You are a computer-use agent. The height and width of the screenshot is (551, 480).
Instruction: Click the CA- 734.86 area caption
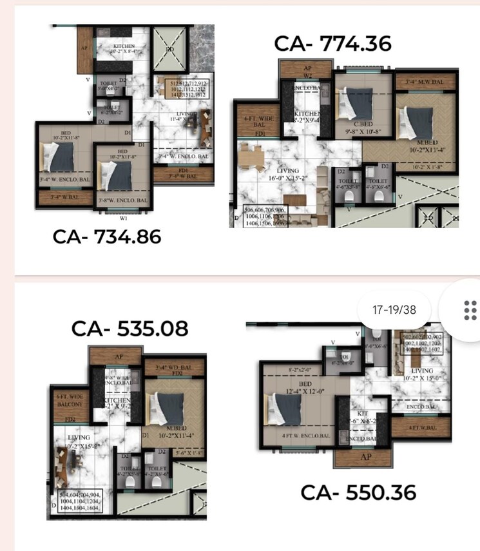pyautogui.click(x=107, y=238)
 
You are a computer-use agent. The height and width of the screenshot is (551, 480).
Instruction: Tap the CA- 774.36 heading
pyautogui.click(x=332, y=43)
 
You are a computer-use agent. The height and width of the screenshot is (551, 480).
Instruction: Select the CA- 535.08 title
pyautogui.click(x=130, y=329)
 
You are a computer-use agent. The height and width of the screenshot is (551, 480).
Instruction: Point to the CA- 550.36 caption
pyautogui.click(x=358, y=493)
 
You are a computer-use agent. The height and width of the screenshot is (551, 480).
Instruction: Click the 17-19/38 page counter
pyautogui.click(x=394, y=310)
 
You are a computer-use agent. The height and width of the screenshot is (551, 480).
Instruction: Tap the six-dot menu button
pyautogui.click(x=470, y=310)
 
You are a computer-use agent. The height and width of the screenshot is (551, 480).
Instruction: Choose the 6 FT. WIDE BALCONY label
pyautogui.click(x=69, y=400)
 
